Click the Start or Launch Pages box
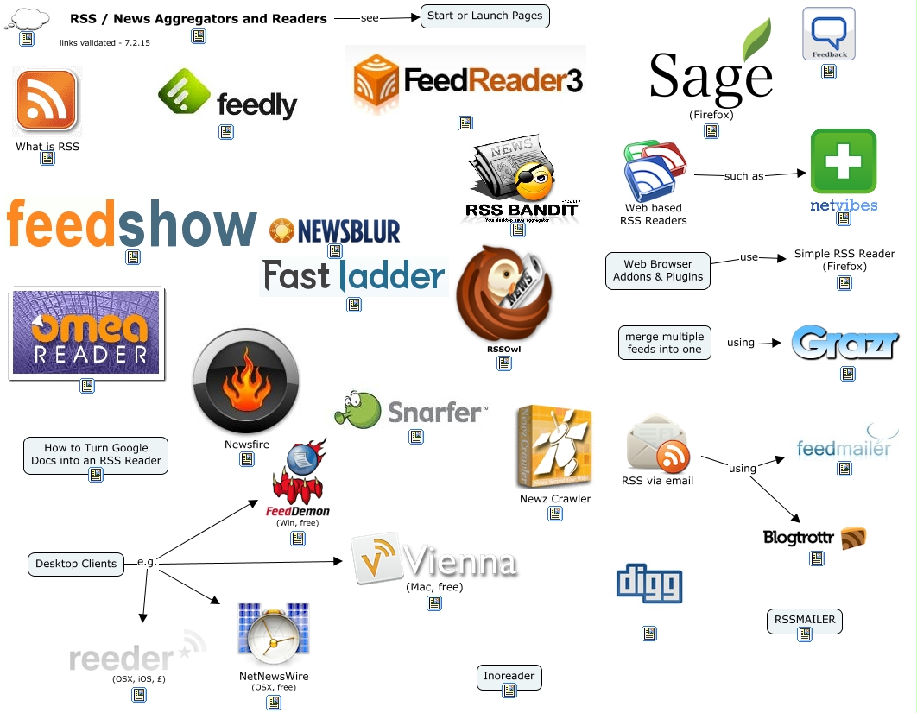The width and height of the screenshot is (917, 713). click(x=484, y=16)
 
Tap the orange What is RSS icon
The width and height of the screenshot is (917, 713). click(x=47, y=101)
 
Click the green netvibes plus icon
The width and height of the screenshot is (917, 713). click(x=843, y=161)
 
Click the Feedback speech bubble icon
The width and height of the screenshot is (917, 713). click(x=828, y=33)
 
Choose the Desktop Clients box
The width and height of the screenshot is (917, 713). click(x=76, y=564)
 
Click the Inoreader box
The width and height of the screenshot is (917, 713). click(x=509, y=677)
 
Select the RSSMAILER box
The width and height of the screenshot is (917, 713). click(x=805, y=620)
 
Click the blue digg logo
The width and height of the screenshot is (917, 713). click(x=649, y=584)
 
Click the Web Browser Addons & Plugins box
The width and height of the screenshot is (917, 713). click(x=658, y=271)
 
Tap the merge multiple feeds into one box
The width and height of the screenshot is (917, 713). click(x=664, y=343)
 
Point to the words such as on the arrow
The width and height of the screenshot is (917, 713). click(x=743, y=176)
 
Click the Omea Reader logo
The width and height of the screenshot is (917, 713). click(x=86, y=332)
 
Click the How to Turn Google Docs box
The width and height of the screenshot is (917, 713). click(x=96, y=454)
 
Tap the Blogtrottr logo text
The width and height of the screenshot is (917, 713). click(x=799, y=538)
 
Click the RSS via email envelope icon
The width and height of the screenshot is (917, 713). click(x=658, y=443)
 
